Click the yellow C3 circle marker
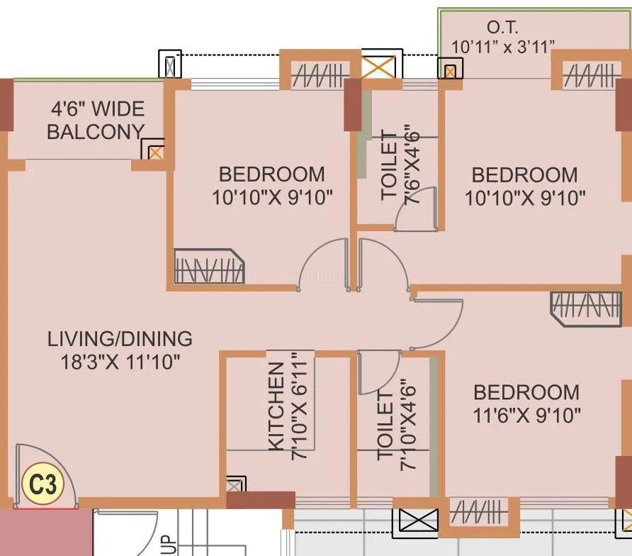pyautogui.click(x=43, y=485)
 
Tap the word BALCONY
pyautogui.click(x=95, y=132)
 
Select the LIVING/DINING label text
pyautogui.click(x=120, y=338)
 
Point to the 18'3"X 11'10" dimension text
pyautogui.click(x=120, y=362)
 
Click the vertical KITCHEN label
pyautogui.click(x=276, y=406)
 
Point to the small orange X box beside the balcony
pyautogui.click(x=155, y=151)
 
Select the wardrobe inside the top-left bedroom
pyautogui.click(x=208, y=267)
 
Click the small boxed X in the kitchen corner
pyautogui.click(x=235, y=486)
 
